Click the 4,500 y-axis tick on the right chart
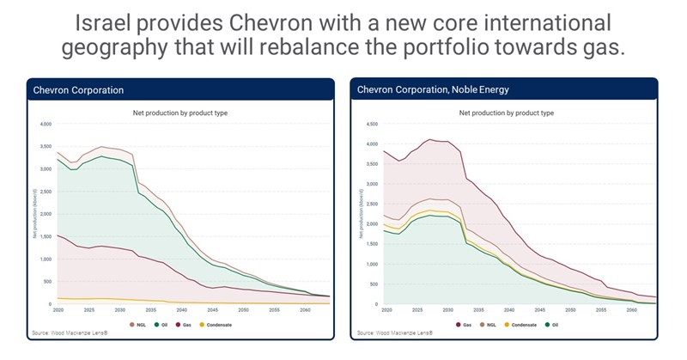pos(373,125)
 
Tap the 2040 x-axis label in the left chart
pos(182,309)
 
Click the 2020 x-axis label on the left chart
pos(58,309)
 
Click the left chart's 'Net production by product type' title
pos(180,113)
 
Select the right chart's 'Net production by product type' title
pos(507,113)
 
